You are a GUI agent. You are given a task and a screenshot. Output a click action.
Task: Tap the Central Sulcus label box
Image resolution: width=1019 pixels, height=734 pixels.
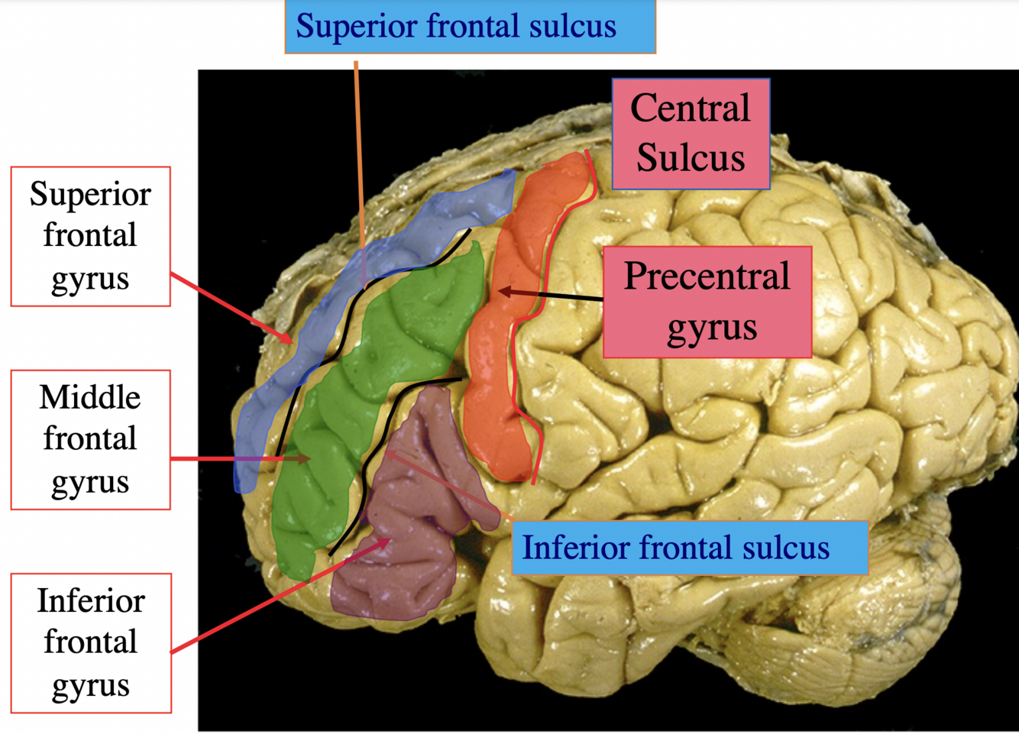click(691, 134)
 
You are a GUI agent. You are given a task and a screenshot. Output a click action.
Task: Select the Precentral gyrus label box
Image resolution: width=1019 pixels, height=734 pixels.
click(707, 302)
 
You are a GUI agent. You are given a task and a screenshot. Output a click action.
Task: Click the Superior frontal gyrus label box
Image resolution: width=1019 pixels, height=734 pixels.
click(90, 236)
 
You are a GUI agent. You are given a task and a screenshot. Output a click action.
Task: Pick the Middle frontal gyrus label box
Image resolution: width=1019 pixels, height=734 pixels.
click(90, 439)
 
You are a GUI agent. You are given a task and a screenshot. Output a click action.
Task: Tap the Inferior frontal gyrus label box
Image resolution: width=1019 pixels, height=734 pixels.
click(90, 643)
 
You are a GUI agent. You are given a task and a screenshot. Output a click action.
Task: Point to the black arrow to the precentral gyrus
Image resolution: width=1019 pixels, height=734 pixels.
click(550, 296)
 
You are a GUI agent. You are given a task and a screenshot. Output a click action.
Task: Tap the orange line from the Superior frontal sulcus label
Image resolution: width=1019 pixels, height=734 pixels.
click(357, 153)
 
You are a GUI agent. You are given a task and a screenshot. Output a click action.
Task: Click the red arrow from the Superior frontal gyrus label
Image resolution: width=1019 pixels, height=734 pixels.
click(229, 306)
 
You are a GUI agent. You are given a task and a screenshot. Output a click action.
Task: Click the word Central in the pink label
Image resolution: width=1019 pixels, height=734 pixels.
click(691, 108)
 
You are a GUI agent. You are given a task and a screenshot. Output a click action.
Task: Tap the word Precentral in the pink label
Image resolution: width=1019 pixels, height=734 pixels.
click(707, 276)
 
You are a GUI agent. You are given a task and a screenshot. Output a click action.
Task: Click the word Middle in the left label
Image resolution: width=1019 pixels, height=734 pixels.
click(90, 397)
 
